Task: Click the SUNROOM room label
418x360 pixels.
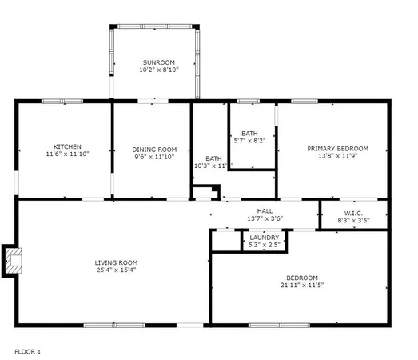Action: point(158,62)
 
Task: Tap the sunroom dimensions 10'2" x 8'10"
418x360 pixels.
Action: point(158,70)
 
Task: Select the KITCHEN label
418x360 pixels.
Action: point(67,146)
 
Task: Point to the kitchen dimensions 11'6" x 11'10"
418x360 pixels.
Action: point(67,155)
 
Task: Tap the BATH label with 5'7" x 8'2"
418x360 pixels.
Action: point(250,133)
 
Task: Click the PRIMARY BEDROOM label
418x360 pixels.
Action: point(338,149)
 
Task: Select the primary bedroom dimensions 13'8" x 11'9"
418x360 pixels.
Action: point(338,158)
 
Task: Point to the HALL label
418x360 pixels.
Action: point(265,210)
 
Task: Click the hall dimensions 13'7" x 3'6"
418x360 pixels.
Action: point(265,218)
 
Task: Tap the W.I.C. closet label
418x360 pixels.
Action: point(354,211)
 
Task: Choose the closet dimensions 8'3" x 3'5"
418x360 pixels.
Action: point(354,219)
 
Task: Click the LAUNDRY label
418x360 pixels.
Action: point(264,238)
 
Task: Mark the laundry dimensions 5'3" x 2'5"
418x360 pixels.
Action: point(264,246)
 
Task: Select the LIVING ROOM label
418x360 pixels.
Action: point(117,262)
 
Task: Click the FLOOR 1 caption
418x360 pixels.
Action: point(28,351)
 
